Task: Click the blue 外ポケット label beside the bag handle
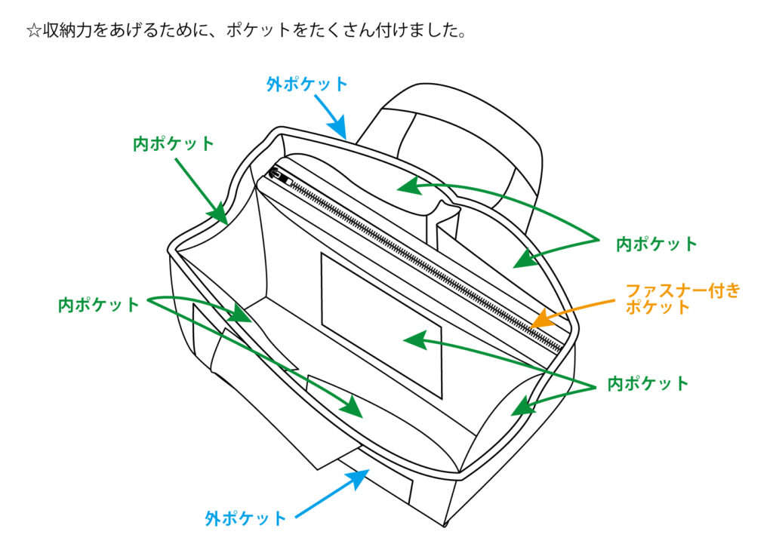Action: click(307, 84)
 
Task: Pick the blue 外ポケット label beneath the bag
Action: click(246, 519)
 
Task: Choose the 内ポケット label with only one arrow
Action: click(174, 144)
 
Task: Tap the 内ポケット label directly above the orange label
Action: click(657, 244)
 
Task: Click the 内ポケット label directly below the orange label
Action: click(648, 383)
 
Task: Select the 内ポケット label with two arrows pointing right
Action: click(99, 305)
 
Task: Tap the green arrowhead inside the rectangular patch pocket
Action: click(410, 341)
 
